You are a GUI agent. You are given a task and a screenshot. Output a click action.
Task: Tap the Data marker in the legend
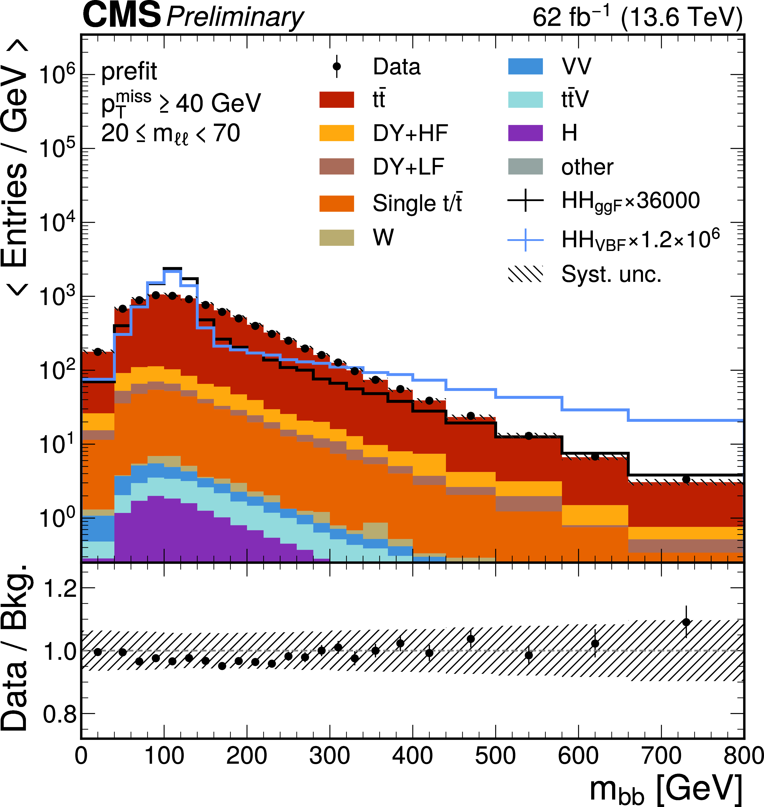coord(336,66)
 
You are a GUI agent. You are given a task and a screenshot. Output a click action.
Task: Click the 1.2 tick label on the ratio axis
coord(60,589)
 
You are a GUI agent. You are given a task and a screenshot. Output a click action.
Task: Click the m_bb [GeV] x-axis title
coord(666,789)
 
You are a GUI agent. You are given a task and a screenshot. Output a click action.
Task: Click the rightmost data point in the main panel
coord(686,479)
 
